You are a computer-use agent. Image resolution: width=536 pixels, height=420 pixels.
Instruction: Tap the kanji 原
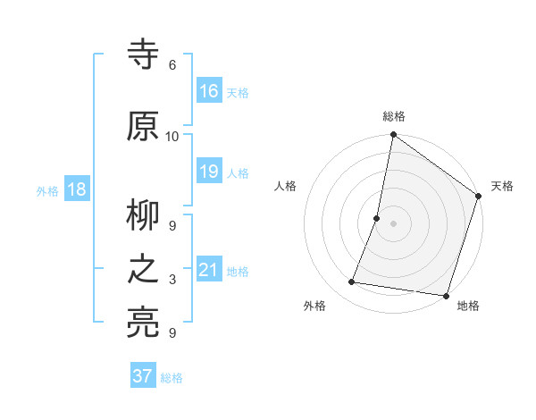143,127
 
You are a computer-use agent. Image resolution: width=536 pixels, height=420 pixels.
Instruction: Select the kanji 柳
143,214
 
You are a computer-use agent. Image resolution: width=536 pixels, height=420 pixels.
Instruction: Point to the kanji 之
143,270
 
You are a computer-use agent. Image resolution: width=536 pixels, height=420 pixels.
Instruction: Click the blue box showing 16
209,91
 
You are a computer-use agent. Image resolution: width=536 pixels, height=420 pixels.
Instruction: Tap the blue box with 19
209,172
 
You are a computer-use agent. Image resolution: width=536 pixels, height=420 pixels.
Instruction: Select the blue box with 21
209,270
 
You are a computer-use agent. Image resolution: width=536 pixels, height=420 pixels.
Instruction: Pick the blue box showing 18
77,189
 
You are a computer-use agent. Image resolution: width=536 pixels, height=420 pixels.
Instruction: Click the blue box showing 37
143,376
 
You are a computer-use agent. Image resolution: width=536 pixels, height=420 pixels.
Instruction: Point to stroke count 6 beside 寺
172,65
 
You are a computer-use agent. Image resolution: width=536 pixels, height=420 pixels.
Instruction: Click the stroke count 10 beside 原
172,136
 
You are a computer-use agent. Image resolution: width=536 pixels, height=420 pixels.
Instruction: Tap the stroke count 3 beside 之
172,280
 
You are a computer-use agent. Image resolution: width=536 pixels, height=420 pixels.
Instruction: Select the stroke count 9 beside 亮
172,333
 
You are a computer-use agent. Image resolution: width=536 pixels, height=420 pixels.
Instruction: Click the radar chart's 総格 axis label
394,116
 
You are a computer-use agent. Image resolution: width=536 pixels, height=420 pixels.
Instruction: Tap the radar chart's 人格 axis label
285,186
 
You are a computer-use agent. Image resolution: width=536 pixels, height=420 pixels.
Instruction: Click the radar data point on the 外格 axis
352,282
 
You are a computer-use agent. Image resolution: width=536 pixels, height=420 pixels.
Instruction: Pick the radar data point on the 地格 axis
445,295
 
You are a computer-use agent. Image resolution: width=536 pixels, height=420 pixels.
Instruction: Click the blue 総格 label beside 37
172,378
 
